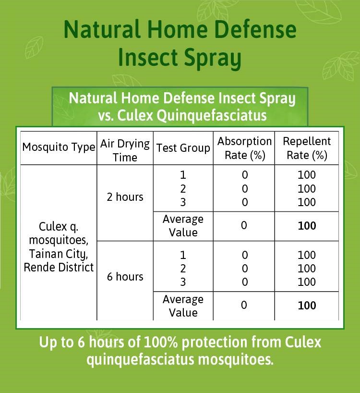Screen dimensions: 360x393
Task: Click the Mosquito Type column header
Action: (59, 147)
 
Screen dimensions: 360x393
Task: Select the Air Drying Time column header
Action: (125, 151)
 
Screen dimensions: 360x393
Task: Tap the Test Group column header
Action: (183, 147)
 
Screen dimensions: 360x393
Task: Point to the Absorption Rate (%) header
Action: (245, 148)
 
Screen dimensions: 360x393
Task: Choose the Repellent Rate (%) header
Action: (307, 148)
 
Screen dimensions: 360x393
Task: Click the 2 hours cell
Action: (125, 197)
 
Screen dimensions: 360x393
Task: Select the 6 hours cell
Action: (125, 277)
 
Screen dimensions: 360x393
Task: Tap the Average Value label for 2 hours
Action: (183, 226)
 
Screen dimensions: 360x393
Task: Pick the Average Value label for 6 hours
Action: (183, 306)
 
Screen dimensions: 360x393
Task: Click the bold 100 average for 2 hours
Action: (307, 226)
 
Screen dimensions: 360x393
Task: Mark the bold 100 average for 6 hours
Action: (307, 306)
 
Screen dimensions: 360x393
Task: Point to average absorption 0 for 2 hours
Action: (244, 225)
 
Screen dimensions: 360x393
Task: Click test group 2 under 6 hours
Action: (183, 269)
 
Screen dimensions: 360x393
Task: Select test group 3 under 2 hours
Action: (183, 202)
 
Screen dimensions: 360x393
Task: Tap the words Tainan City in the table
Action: (59, 254)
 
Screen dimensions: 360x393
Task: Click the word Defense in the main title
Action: (255, 29)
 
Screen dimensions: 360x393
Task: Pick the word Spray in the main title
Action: (213, 59)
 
